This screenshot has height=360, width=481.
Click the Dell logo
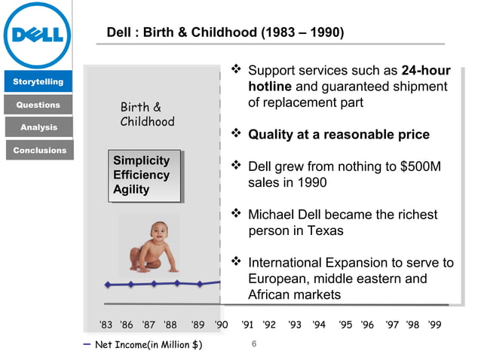37,35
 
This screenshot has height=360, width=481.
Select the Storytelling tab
37,81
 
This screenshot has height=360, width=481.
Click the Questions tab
38,105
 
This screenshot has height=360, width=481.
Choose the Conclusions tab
39,150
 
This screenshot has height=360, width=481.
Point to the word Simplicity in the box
142,160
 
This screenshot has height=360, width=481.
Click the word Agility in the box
131,190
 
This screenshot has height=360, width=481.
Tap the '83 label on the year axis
106,325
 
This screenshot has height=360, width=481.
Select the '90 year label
220,325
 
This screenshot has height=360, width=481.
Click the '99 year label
434,325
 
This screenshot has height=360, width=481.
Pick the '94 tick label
319,325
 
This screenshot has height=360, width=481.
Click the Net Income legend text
149,346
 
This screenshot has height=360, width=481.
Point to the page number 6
254,345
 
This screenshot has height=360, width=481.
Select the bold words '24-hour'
426,72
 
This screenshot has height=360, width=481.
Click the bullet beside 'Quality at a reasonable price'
235,134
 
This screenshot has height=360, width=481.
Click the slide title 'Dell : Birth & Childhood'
225,33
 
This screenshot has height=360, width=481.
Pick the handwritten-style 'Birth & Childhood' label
147,114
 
